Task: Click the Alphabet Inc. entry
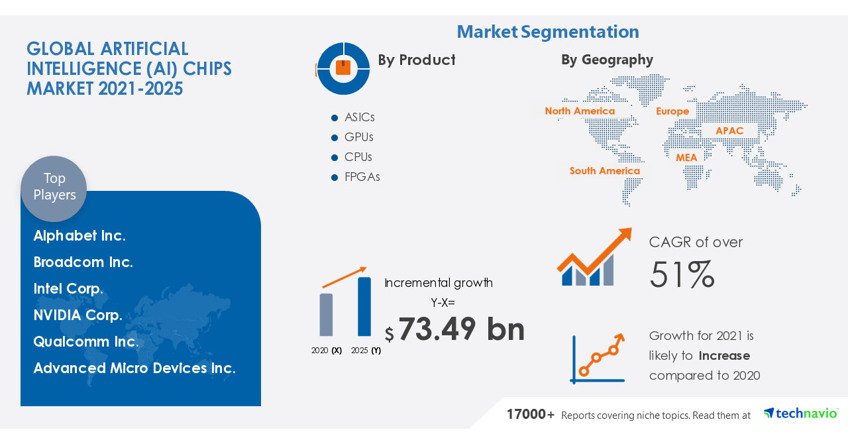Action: (x=79, y=236)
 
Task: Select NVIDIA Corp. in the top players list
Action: (x=78, y=315)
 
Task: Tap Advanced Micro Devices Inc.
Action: (x=134, y=368)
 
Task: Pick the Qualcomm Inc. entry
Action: (x=86, y=342)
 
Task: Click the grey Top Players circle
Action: (x=54, y=188)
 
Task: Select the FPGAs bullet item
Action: (x=362, y=177)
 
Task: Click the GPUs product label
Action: (x=358, y=137)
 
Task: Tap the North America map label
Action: (x=580, y=111)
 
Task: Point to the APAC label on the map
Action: (x=729, y=131)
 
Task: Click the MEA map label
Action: (x=686, y=158)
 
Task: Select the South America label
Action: (x=605, y=171)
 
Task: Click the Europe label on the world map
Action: (x=672, y=111)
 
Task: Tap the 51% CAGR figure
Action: (x=682, y=275)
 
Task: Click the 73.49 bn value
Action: (x=461, y=329)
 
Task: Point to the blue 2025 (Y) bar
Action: (x=364, y=306)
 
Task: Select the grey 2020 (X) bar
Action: (x=327, y=315)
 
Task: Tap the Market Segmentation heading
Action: (x=548, y=31)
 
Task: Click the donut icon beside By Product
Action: (x=343, y=68)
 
